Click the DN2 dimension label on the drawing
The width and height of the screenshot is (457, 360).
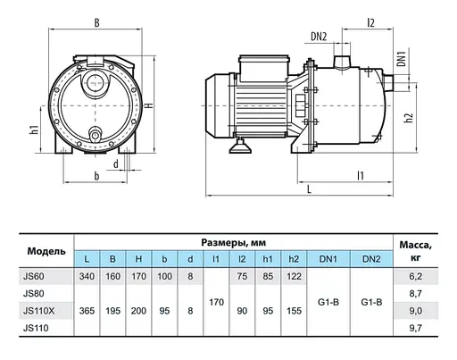319,37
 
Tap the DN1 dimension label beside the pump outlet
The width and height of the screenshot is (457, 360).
402,59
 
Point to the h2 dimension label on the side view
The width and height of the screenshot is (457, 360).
410,117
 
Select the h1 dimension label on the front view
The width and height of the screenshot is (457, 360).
35,130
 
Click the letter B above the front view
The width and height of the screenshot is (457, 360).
96,22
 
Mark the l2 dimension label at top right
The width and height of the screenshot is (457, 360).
370,22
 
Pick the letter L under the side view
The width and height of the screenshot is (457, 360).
309,188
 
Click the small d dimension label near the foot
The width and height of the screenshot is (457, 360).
116,163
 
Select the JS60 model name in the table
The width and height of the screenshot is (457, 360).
34,276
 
